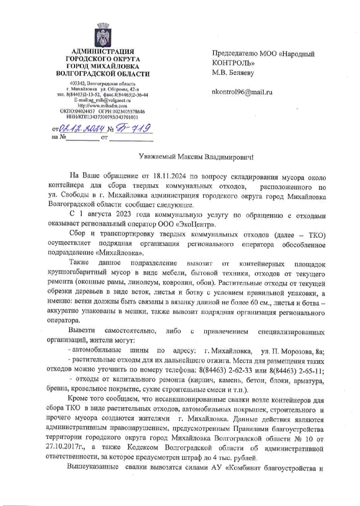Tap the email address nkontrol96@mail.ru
(243, 93)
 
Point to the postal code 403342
(78, 83)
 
